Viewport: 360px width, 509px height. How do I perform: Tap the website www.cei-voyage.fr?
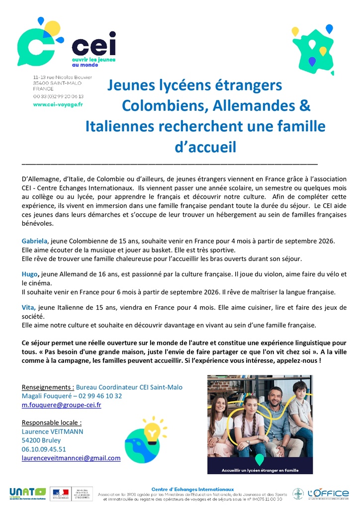(x=58, y=104)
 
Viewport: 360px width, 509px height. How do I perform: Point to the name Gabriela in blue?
(x=34, y=241)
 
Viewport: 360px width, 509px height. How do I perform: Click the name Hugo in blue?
(x=30, y=274)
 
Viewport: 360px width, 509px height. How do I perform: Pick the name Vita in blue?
(x=29, y=308)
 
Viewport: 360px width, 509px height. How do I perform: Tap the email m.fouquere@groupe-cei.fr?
(x=62, y=405)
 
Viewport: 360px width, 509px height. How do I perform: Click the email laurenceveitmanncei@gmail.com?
(x=71, y=458)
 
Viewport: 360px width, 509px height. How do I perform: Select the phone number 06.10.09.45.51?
(x=44, y=449)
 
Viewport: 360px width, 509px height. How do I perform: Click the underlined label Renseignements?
(x=48, y=387)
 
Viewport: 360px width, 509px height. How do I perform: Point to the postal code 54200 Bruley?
(x=41, y=440)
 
